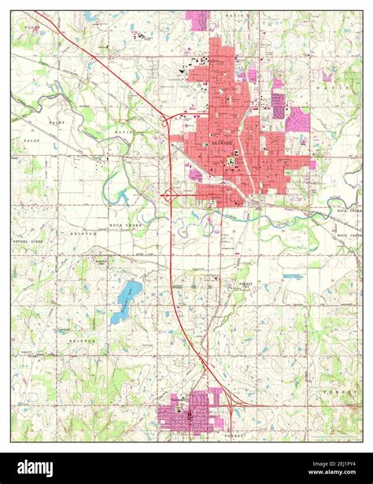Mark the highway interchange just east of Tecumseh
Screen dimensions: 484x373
tap(233, 403)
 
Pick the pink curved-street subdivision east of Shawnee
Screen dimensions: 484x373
tap(298, 120)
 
